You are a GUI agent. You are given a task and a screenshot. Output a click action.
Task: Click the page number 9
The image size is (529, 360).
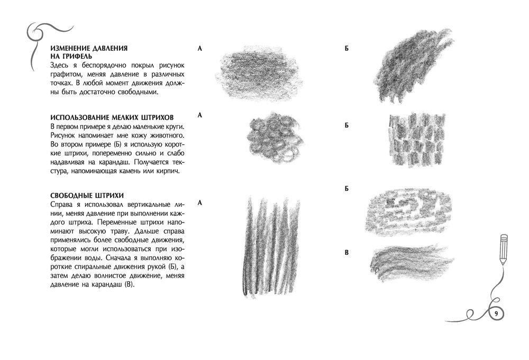tap(496, 313)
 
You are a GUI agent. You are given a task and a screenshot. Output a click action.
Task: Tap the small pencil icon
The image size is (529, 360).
tap(504, 249)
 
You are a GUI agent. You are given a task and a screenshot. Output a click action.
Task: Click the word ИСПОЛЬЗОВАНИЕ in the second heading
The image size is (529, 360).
tap(80, 117)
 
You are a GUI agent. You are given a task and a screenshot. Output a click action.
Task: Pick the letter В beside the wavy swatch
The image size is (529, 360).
tap(346, 253)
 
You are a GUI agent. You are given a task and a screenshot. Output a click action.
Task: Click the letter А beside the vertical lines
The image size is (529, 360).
tap(200, 203)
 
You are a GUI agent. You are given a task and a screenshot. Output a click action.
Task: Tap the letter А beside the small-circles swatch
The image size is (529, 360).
tap(200, 115)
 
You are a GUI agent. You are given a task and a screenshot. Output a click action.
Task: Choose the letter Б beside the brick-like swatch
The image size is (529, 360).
tap(346, 125)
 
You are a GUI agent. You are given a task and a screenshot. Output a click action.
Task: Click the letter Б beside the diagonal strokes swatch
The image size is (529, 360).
tap(346, 49)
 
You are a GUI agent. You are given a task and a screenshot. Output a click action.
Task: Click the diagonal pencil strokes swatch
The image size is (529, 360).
tap(414, 66)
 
